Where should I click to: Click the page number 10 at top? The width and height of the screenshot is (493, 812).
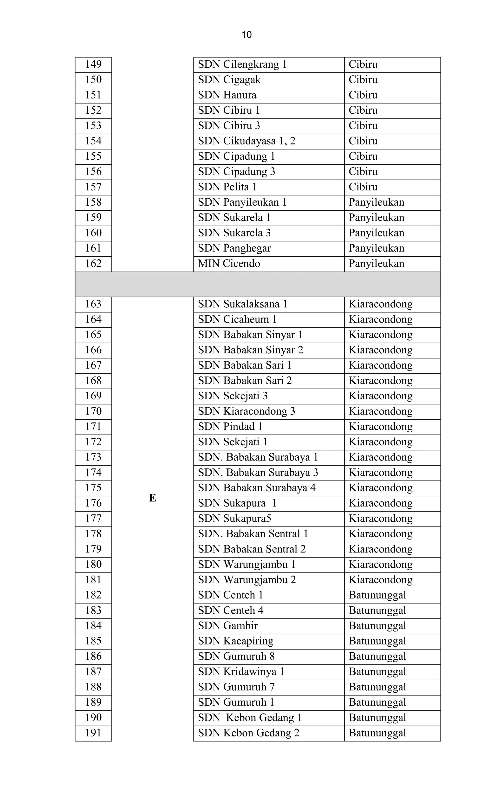[246, 35]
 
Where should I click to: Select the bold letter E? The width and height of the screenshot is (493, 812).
[152, 498]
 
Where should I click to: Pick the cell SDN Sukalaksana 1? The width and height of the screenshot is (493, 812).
[243, 304]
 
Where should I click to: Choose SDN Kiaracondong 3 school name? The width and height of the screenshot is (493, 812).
[246, 411]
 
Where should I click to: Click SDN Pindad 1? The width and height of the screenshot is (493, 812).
[230, 427]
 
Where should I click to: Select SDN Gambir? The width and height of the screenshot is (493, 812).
[228, 626]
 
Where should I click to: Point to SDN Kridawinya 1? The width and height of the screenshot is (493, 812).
[241, 672]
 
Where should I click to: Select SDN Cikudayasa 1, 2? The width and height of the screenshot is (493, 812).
[246, 141]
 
